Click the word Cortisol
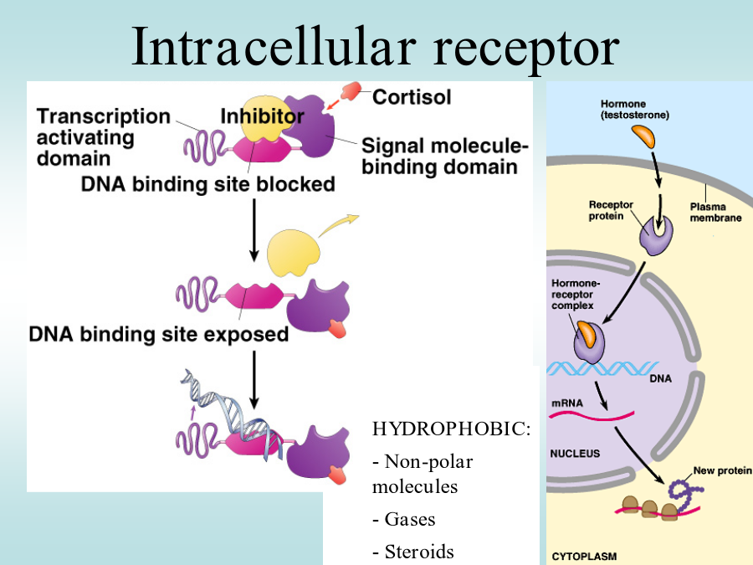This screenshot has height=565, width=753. (412, 97)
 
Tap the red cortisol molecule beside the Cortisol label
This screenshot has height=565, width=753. (351, 90)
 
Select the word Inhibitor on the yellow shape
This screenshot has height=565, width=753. (262, 116)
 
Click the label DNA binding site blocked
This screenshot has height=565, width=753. (208, 184)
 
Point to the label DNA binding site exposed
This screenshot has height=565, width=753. (158, 334)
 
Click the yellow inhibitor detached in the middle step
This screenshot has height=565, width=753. (293, 253)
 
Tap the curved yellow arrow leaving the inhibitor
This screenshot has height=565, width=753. (338, 225)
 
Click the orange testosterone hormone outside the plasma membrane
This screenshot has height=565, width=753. (643, 136)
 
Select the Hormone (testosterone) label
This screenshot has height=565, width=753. (634, 110)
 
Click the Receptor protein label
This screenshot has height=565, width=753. (611, 210)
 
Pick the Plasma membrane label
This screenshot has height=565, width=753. (715, 213)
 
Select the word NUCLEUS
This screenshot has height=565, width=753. (575, 454)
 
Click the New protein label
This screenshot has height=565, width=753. (722, 470)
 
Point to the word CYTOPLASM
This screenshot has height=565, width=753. (584, 557)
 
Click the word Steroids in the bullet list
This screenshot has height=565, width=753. (419, 552)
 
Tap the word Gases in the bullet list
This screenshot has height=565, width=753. (410, 519)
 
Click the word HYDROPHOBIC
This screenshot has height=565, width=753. (451, 429)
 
